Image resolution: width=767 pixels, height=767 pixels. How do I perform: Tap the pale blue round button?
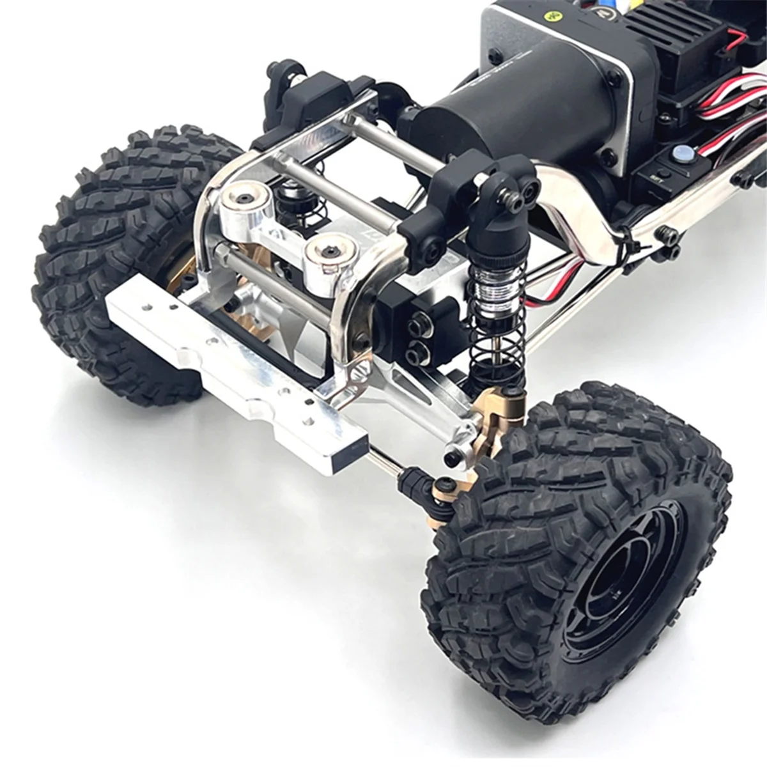point(682,153)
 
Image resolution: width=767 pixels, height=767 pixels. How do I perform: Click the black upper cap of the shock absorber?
point(505,192)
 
